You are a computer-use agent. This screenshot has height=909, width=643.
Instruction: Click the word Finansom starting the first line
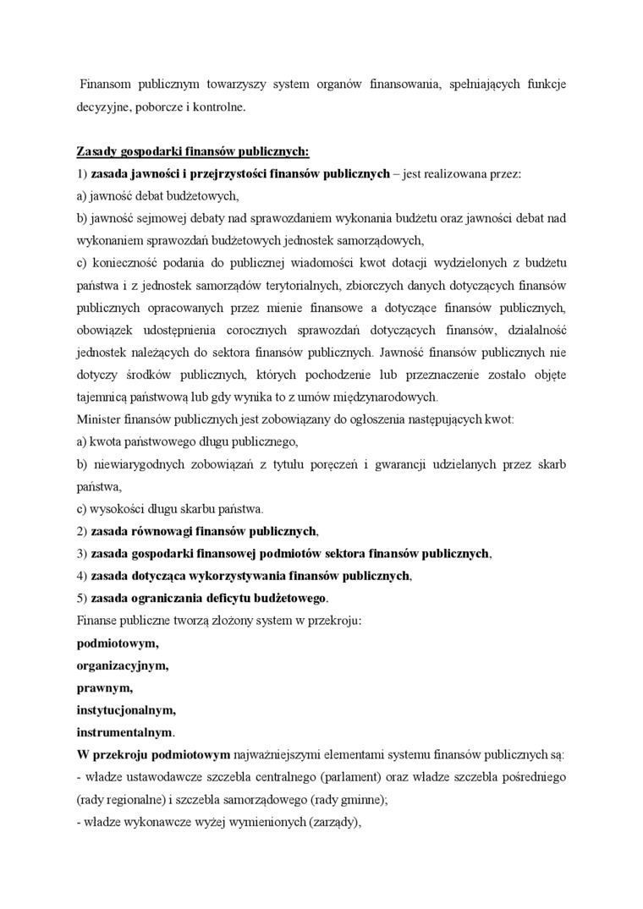108,85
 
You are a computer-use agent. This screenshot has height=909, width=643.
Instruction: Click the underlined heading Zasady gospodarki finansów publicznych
193,151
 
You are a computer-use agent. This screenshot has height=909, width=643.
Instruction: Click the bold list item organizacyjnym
122,665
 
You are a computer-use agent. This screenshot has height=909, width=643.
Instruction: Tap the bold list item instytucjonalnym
126,709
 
